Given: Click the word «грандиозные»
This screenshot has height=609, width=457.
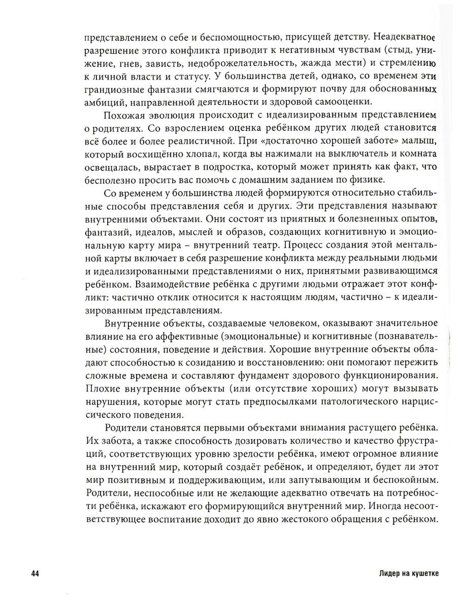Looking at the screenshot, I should coord(111,89).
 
